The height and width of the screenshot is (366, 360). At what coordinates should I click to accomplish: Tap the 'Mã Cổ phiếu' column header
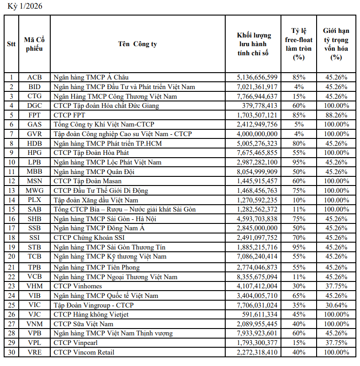point(34,44)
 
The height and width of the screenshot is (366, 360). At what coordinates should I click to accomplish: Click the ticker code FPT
point(34,115)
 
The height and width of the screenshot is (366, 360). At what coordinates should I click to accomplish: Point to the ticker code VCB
point(34,277)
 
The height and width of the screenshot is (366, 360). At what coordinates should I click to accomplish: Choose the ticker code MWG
point(34,191)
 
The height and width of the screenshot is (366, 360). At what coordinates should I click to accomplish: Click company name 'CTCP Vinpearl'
point(75,343)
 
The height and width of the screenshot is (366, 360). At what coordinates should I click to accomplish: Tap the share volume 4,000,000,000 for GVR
point(257,134)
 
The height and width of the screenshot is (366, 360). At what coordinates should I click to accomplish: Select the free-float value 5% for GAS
point(299,124)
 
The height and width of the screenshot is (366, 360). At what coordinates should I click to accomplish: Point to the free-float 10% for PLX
point(299,200)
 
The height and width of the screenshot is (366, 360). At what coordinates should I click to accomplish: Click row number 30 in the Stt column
point(11,352)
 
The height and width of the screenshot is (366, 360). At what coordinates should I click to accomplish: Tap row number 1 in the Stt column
point(11,77)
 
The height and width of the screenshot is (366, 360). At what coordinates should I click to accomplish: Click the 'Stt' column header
point(11,44)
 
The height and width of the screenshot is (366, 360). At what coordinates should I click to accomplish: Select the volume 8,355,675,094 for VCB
point(257,277)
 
